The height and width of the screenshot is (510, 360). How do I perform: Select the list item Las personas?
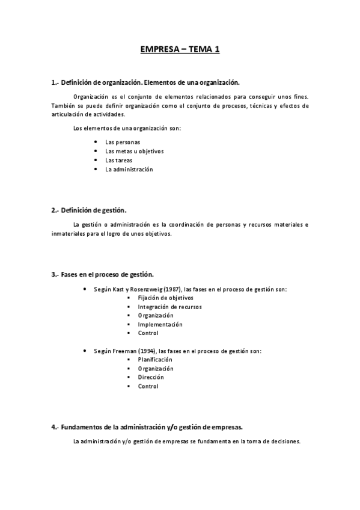click(x=122, y=142)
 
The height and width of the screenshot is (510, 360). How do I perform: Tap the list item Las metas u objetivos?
click(x=134, y=151)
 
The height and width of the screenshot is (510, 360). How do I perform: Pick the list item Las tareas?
click(x=118, y=160)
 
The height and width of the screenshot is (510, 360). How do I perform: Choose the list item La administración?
click(x=129, y=169)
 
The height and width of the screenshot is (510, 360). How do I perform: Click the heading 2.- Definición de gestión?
click(x=89, y=210)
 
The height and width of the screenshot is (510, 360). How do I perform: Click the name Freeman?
click(x=123, y=351)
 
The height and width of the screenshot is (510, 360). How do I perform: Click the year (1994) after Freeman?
click(x=147, y=351)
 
